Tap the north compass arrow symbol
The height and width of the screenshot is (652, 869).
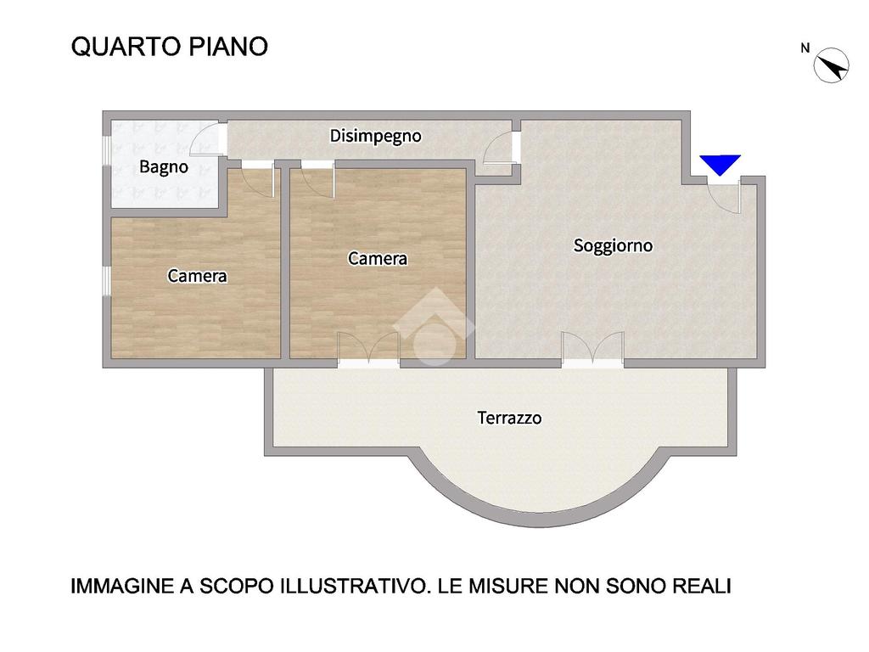[x=832, y=65]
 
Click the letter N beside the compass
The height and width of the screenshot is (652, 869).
[x=805, y=48]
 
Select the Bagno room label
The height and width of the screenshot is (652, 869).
[x=164, y=167]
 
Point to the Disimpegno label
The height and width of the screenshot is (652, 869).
[x=375, y=137]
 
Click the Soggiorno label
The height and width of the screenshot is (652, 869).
[x=613, y=245]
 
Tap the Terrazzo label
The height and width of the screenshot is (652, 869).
[x=509, y=418]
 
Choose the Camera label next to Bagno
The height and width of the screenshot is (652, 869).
[x=197, y=276]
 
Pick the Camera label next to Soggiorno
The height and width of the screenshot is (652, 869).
[x=378, y=258]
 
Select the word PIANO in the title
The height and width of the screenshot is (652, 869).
[x=228, y=47]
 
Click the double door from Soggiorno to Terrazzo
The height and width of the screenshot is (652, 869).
[x=592, y=349]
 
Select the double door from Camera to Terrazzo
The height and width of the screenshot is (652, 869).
[x=368, y=349]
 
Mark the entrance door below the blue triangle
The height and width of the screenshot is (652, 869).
[x=725, y=194]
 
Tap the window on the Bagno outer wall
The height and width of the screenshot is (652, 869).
[x=106, y=149]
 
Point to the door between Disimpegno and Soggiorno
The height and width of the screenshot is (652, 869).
[x=501, y=148]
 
